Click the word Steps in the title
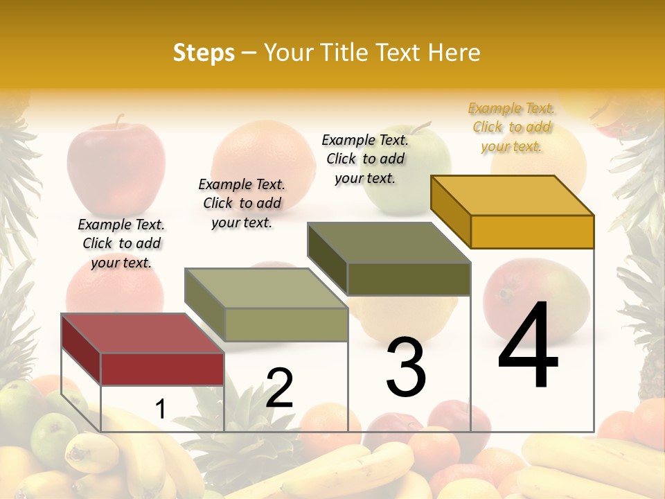point(204,53)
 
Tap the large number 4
point(528,346)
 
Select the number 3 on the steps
point(406,367)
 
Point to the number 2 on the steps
point(279,388)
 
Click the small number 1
point(160,409)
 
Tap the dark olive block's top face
point(389,243)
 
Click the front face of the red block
point(163,369)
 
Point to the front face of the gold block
point(532,231)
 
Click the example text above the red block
point(121,243)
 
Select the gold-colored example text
point(511,127)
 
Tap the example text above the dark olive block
point(365,159)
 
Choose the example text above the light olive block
point(242,203)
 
